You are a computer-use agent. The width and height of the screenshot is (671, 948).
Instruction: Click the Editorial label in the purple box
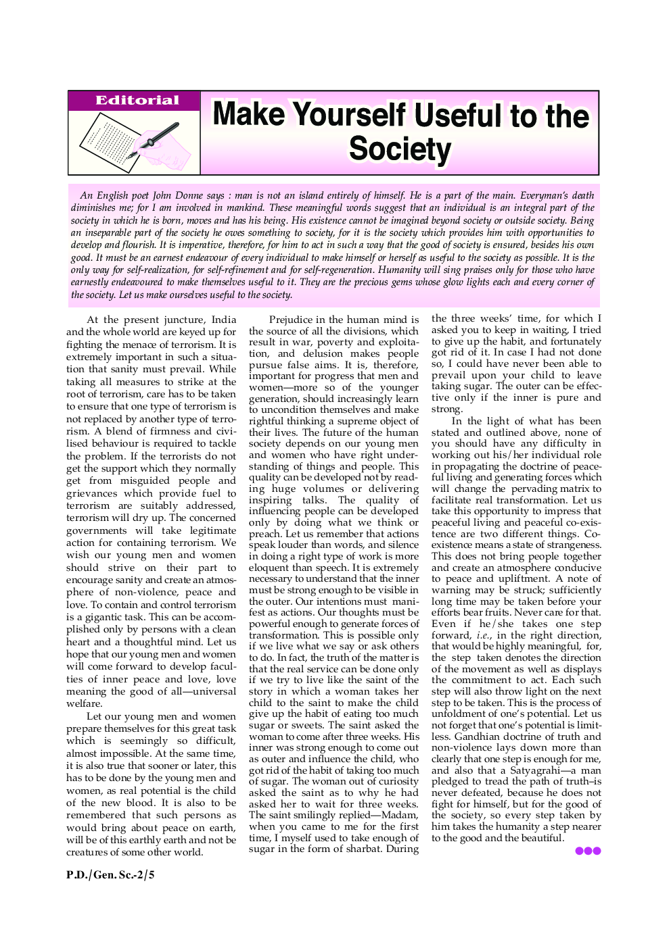(x=137, y=101)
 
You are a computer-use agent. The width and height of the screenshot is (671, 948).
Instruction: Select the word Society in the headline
(x=400, y=149)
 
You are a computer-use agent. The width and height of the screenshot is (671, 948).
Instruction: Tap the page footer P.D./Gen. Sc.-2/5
(x=110, y=875)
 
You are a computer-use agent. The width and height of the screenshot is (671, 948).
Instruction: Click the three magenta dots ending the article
(x=588, y=851)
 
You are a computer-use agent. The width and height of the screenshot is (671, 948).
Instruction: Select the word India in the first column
(x=223, y=320)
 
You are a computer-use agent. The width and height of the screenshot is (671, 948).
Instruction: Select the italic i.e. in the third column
(x=483, y=635)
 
